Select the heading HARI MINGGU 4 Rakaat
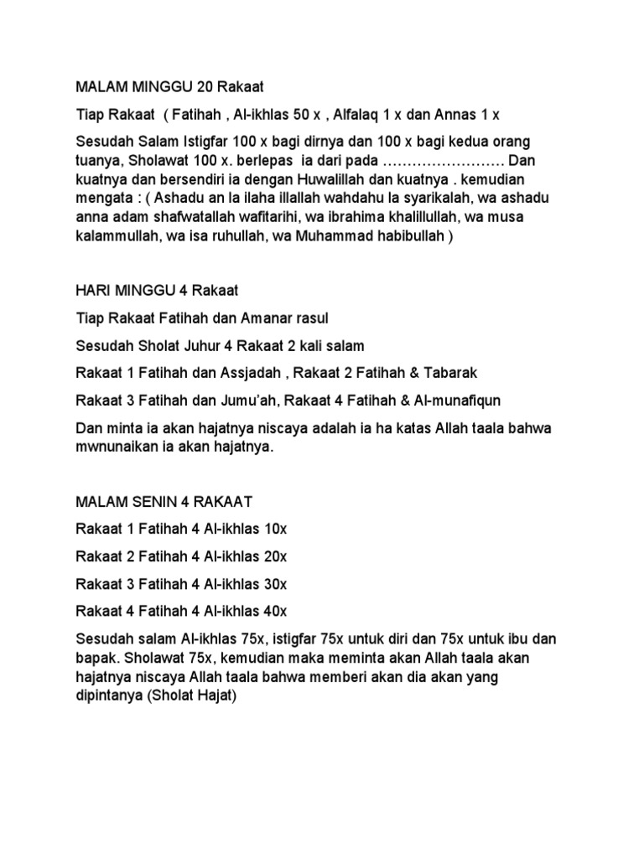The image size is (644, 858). coord(157,291)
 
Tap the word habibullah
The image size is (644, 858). coord(409,237)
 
